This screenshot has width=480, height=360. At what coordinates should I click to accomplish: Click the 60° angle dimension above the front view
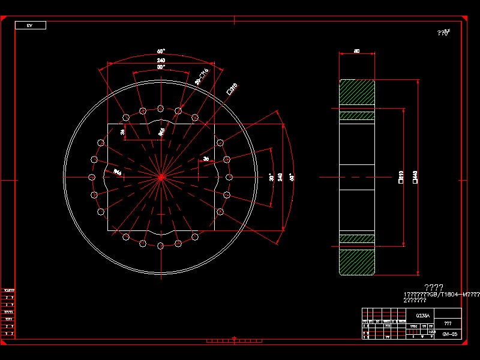161,52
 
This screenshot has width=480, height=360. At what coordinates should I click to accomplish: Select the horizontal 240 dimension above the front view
161,61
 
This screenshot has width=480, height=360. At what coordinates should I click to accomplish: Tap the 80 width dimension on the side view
357,52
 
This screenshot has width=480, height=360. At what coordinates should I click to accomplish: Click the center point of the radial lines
161,177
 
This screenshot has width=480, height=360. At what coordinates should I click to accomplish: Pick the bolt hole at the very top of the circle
160,108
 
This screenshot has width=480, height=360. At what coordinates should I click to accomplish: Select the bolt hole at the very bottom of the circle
160,246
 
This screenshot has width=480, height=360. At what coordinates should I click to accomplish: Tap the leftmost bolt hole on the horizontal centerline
92,177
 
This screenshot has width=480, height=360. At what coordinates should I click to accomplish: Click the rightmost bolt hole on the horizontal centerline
229,177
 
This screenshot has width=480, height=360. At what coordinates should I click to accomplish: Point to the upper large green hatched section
357,92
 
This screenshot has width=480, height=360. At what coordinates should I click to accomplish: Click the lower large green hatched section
357,262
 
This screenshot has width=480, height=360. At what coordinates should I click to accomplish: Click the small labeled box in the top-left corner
31,25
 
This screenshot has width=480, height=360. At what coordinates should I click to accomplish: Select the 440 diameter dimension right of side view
415,176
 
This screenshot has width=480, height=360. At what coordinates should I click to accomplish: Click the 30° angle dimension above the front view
161,67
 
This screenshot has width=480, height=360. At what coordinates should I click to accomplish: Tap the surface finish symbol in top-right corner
444,33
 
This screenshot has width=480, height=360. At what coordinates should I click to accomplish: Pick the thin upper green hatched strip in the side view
357,116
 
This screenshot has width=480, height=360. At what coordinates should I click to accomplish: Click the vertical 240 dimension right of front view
280,177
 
